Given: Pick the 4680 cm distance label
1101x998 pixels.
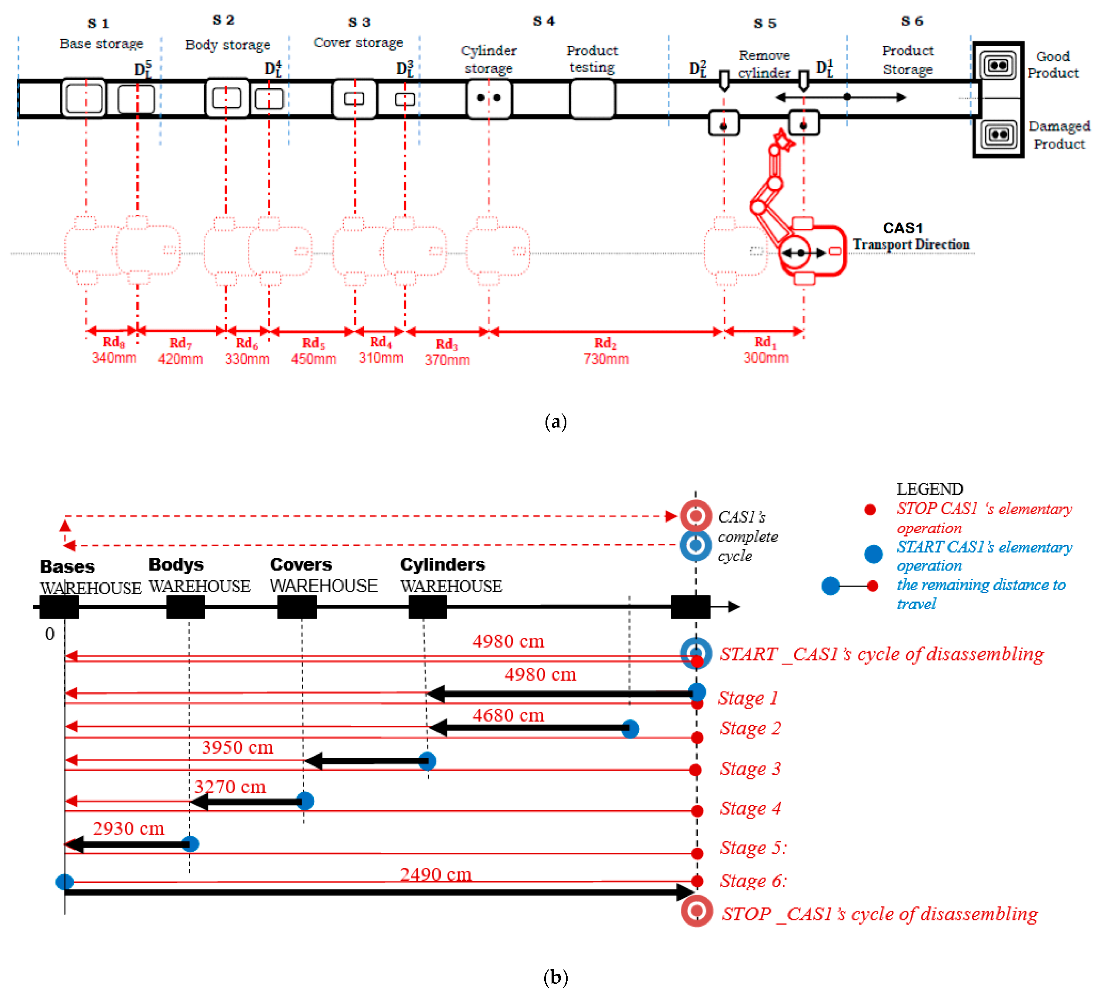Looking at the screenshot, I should point(508,715).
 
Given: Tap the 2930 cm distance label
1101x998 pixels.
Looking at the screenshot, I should point(128,829).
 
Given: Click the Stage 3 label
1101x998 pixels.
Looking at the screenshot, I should point(750,769).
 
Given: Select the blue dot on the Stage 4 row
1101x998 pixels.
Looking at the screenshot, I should point(305,801).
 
